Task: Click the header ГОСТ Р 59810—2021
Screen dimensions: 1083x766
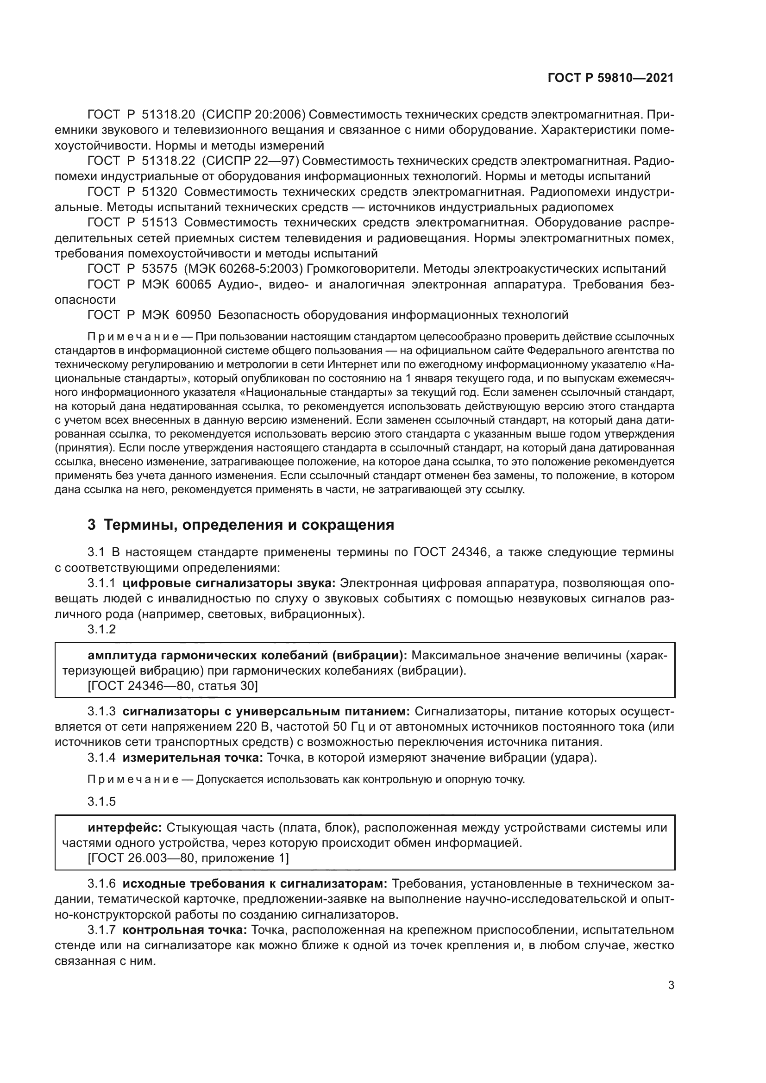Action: point(610,78)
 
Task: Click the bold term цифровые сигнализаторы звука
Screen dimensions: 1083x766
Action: point(229,583)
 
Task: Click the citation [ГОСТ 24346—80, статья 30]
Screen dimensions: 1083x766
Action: point(173,686)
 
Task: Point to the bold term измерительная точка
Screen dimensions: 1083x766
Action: point(193,758)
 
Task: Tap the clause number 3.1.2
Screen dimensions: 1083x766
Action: point(101,629)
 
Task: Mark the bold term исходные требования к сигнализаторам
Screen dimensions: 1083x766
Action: point(255,884)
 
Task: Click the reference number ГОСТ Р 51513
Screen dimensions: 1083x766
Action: point(132,223)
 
